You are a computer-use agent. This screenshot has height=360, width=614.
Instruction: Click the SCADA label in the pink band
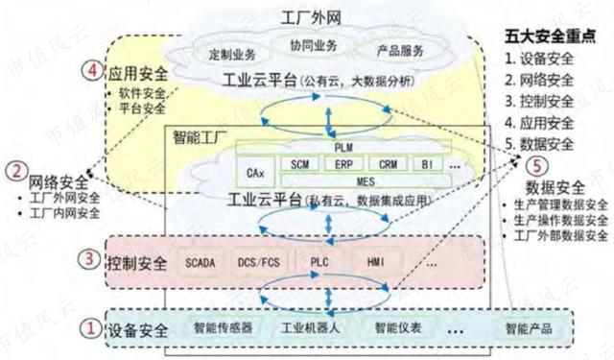pyautogui.click(x=201, y=261)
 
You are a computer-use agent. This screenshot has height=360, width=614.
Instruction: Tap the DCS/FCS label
pyautogui.click(x=259, y=261)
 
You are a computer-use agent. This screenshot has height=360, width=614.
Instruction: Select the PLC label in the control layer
pyautogui.click(x=319, y=261)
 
